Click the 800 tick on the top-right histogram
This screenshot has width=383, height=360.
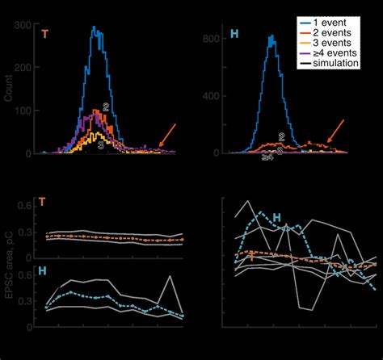208,38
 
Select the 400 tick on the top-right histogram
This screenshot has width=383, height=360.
208,95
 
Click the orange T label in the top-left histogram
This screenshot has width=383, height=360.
42,36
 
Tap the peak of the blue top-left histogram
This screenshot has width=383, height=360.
97,27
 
